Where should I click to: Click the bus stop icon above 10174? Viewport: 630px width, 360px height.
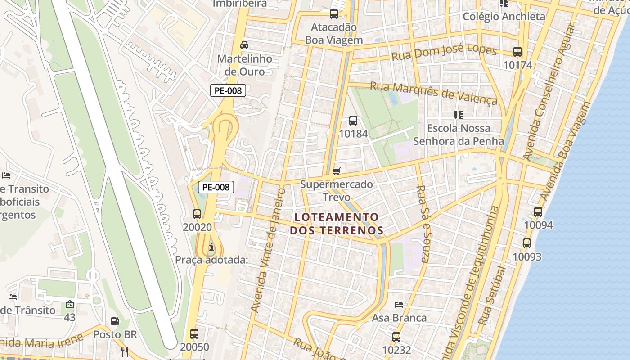click(517, 52)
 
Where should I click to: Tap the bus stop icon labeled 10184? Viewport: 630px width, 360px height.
click(353, 121)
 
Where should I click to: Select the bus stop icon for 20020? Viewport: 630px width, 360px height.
click(197, 214)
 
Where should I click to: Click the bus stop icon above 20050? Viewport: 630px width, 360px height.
click(194, 334)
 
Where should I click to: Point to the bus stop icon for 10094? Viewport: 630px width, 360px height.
click(538, 212)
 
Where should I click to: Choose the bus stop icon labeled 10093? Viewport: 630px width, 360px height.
click(527, 243)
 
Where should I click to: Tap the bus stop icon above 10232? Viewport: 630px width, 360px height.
click(396, 337)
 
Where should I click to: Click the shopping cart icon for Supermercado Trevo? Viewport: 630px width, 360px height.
click(336, 171)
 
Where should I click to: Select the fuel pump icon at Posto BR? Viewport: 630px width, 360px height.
click(115, 321)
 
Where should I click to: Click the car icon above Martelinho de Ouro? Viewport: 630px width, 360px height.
click(244, 45)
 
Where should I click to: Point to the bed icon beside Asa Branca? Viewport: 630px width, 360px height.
click(399, 305)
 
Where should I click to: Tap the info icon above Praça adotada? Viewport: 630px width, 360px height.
click(211, 247)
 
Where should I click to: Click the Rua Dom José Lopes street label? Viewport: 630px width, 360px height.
click(444, 52)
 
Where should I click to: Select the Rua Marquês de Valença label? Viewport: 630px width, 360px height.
click(433, 92)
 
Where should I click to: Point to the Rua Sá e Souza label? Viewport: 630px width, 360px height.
click(424, 224)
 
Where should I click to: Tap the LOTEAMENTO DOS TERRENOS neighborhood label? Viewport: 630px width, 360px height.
click(337, 224)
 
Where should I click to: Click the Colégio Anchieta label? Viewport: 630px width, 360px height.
click(504, 17)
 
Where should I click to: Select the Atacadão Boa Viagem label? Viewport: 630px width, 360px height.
click(334, 33)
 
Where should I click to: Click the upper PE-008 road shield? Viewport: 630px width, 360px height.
click(228, 90)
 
